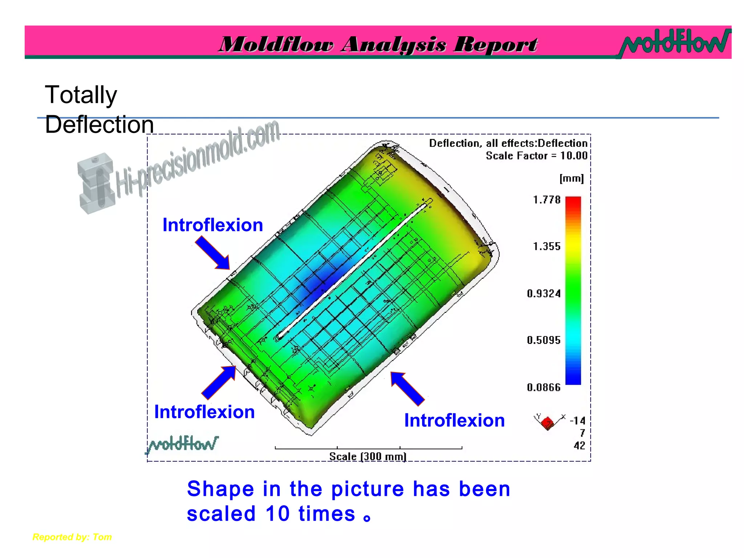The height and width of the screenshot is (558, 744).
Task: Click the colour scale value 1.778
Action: tap(546, 200)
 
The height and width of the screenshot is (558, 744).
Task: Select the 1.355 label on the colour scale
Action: tap(546, 247)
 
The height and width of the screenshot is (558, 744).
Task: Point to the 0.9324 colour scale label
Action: tap(543, 294)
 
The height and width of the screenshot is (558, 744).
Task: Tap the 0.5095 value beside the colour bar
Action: tap(543, 340)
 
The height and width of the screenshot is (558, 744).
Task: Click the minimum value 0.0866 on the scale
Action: tap(543, 388)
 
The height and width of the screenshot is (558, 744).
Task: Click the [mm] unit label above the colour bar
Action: tap(571, 178)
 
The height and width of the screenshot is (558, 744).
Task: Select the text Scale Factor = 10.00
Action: tap(536, 156)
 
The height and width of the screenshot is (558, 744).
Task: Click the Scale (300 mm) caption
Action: tap(368, 456)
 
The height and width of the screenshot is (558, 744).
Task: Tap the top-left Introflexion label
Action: tap(213, 225)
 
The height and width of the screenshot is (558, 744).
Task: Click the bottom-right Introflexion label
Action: tap(454, 420)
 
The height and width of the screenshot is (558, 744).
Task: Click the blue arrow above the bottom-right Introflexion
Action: tap(407, 388)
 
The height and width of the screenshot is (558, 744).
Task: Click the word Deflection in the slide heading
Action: tap(99, 125)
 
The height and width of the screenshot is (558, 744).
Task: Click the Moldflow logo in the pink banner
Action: tap(675, 43)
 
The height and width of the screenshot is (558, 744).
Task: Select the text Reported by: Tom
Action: tap(72, 537)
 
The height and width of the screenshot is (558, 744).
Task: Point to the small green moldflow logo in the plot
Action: tap(182, 444)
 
